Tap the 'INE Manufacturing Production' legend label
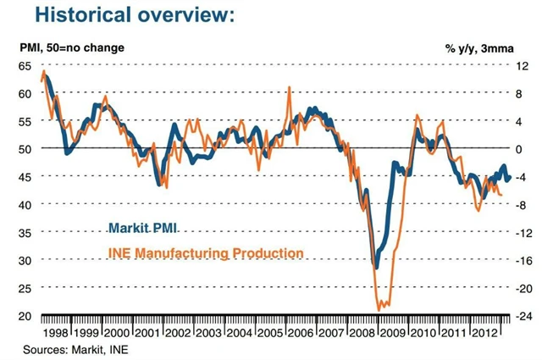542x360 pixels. pyautogui.click(x=204, y=252)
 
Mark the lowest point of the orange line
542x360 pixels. pyautogui.click(x=378, y=310)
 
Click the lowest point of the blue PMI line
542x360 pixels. pyautogui.click(x=376, y=268)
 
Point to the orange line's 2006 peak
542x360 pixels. pyautogui.click(x=290, y=87)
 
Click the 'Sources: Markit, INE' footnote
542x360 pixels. pyautogui.click(x=70, y=349)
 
